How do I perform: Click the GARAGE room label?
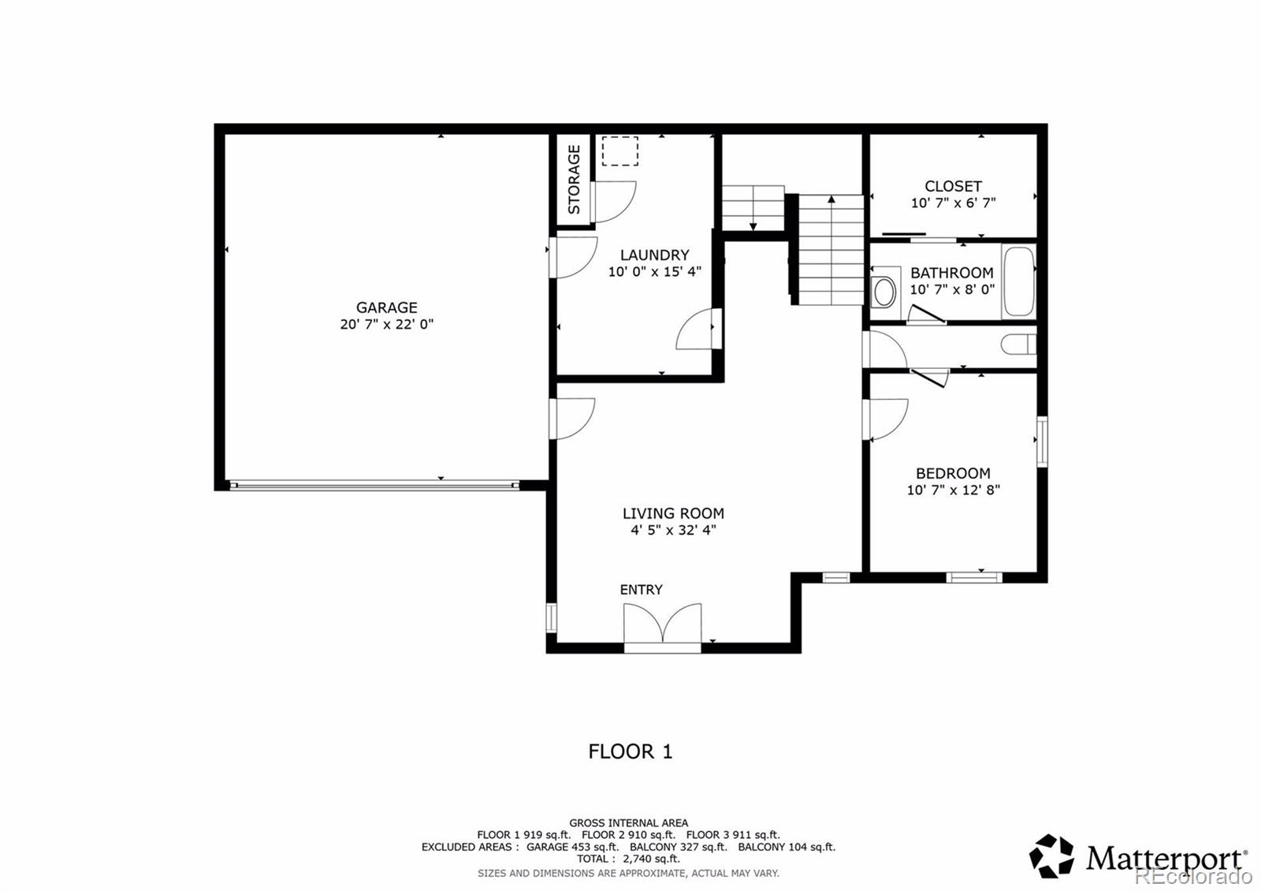[386, 308]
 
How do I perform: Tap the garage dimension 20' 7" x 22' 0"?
[386, 324]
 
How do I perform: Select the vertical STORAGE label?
[574, 180]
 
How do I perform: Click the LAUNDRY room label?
[654, 255]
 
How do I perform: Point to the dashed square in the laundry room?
[619, 151]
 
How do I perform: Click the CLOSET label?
[953, 186]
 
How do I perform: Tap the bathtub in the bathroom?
[1017, 282]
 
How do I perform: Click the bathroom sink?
[885, 291]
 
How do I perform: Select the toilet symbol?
[1017, 345]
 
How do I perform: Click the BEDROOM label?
[953, 473]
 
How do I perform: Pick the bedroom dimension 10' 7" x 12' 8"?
[953, 490]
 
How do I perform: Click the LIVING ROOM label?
[673, 513]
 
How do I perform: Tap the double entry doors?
[662, 624]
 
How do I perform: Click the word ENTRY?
[641, 590]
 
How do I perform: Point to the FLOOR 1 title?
[630, 751]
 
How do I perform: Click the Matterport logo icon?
[1051, 856]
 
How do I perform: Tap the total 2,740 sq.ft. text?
[628, 859]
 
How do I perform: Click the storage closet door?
[613, 202]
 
